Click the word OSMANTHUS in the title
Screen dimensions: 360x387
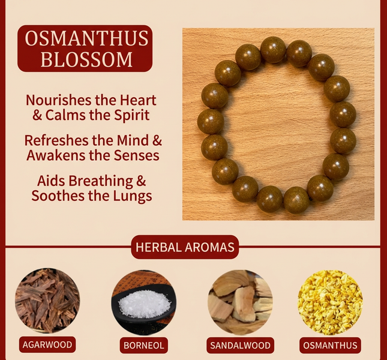[x=86, y=39]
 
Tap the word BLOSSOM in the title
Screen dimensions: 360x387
[x=86, y=59]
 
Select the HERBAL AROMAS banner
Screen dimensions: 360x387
[x=185, y=247]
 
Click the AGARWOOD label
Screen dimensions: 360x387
[x=47, y=344]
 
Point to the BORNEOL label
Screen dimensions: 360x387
[x=143, y=345]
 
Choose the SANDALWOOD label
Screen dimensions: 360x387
[x=240, y=345]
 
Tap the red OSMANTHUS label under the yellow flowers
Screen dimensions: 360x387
[x=331, y=345]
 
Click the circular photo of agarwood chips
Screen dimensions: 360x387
[x=47, y=301]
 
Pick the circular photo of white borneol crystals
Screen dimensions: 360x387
[x=143, y=302]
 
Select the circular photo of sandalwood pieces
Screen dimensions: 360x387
[x=240, y=302]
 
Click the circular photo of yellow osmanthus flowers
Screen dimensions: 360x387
[x=331, y=302]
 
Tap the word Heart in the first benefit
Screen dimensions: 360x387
[x=136, y=100]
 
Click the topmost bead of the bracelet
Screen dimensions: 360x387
[x=273, y=49]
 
